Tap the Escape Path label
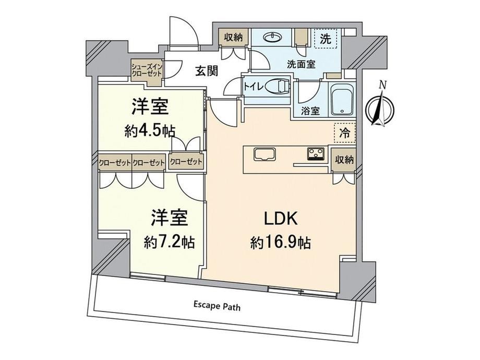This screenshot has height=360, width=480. coord(217,306)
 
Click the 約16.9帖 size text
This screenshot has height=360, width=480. coord(281,243)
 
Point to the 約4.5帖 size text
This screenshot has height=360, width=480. coord(150,131)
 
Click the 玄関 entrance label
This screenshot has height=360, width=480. coord(207,71)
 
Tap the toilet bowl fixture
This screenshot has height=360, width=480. coord(278,86)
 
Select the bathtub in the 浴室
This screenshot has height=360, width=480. coord(342,99)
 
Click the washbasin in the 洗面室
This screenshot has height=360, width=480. coord(272,37)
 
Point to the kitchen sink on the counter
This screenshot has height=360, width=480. coord(265,154)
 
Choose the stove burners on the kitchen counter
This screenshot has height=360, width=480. coord(316,154)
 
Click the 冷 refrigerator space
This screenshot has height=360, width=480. coord(345,133)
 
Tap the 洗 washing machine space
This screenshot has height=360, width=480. coord(326,38)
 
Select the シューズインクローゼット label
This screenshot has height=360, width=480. coord(147,70)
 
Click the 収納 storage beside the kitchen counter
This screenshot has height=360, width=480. coord(344,160)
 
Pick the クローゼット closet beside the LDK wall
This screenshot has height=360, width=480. coord(186,161)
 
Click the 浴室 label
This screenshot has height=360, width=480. coord(310,111)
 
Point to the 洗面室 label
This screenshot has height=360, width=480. coord(301,64)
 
